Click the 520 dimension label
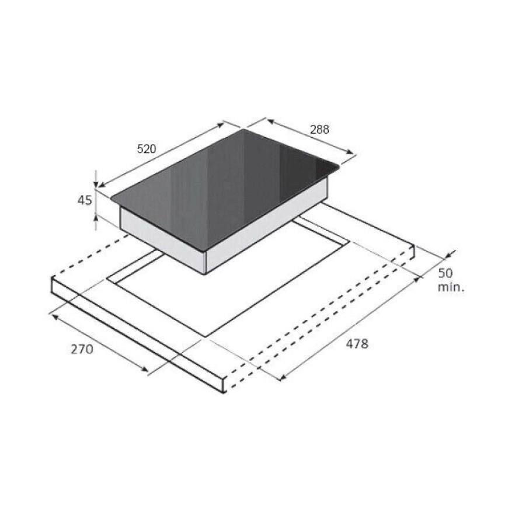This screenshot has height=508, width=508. point(147,149)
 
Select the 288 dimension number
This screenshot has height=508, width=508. point(319,130)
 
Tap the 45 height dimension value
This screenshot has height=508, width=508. point(85,200)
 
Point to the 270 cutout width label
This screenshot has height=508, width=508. point(82,349)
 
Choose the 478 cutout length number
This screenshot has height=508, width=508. point(357,344)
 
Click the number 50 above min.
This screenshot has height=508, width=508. point(445,273)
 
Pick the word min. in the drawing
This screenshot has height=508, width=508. point(451,287)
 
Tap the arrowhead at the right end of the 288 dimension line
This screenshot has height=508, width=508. point(349,152)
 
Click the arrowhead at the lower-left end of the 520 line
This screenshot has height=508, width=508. point(102,185)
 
